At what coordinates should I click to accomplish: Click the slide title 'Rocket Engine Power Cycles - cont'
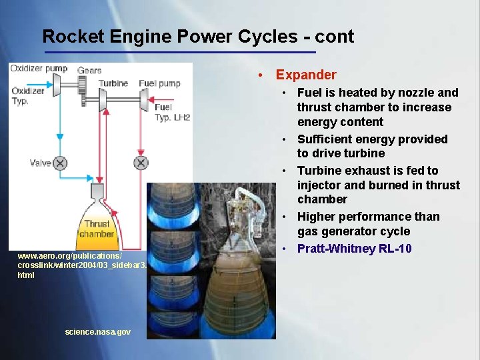point(198,36)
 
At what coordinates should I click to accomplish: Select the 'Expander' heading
point(306,75)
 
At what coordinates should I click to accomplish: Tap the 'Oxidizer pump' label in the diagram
point(39,69)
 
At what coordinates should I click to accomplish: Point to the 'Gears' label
point(89,70)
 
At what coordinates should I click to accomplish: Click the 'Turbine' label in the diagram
point(113,83)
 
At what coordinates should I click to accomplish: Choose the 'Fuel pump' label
point(159,83)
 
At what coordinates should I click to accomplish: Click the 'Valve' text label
point(40,163)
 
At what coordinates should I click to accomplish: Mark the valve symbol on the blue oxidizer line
point(60,163)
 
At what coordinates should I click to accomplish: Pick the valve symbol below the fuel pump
point(141,163)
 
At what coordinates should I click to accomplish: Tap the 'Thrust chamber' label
point(97,229)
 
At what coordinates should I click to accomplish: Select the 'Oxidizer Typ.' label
point(28,96)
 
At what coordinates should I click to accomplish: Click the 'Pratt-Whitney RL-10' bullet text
point(354,249)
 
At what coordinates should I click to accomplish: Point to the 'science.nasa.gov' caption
point(98,331)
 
